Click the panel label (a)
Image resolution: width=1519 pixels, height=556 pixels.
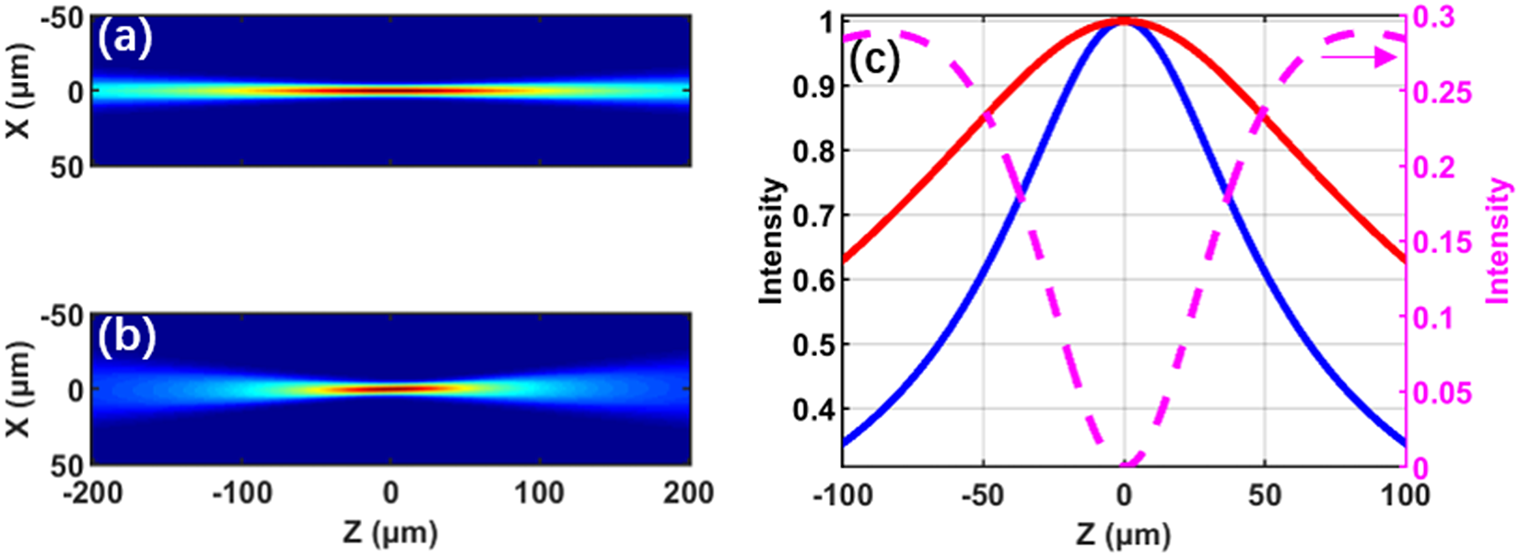coord(126,41)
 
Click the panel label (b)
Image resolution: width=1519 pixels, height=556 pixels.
coord(127,338)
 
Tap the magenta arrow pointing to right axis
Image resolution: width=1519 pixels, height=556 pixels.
coord(1360,57)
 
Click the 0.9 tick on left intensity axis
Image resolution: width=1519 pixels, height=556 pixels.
coord(815,86)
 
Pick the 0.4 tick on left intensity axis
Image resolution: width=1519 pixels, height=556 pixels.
coord(815,410)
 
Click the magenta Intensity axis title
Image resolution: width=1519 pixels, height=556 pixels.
coord(1499,241)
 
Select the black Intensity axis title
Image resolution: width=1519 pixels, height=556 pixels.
coord(772,241)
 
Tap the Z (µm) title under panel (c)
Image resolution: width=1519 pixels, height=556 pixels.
coord(1123,536)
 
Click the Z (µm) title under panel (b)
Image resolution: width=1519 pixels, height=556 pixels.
coord(391,533)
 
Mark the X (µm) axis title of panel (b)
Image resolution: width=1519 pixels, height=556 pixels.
coord(19,389)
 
